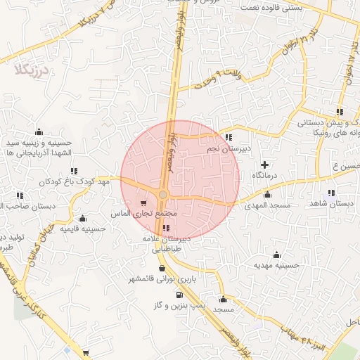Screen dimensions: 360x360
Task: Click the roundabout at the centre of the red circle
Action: coord(163,194)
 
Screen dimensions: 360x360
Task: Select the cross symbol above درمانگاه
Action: coord(264,164)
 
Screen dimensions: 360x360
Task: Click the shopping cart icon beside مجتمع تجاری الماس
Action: coord(144,200)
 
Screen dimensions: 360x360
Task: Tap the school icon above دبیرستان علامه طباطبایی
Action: coord(165,228)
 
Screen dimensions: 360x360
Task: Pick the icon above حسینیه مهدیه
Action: coord(276,255)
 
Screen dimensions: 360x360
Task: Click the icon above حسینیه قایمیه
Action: coord(84,218)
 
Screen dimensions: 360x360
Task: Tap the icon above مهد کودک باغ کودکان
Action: coord(74,171)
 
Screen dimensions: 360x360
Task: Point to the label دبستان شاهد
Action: coord(330,204)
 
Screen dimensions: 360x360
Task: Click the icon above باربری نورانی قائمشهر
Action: coord(162,268)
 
